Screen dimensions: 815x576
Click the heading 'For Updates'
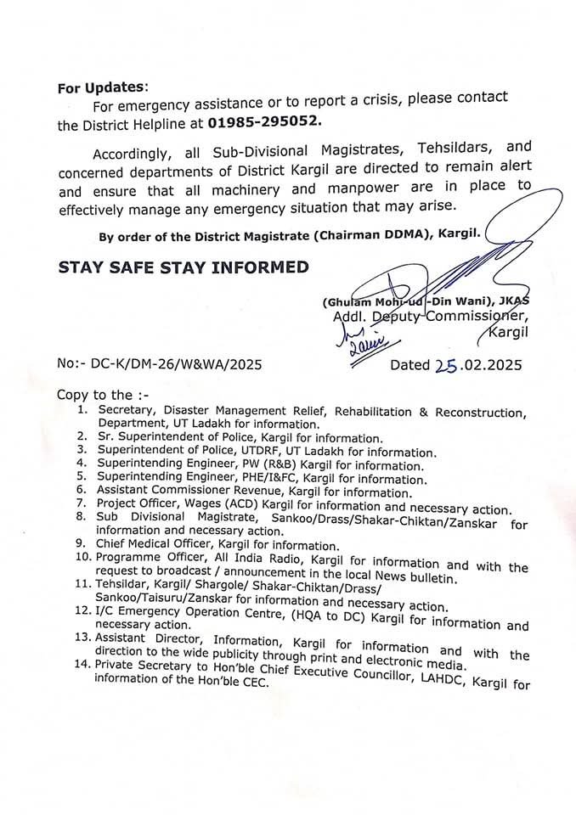click(x=102, y=87)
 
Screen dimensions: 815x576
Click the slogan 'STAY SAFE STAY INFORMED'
click(x=183, y=268)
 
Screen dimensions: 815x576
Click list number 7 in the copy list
click(x=82, y=503)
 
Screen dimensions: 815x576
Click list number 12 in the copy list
click(x=82, y=611)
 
